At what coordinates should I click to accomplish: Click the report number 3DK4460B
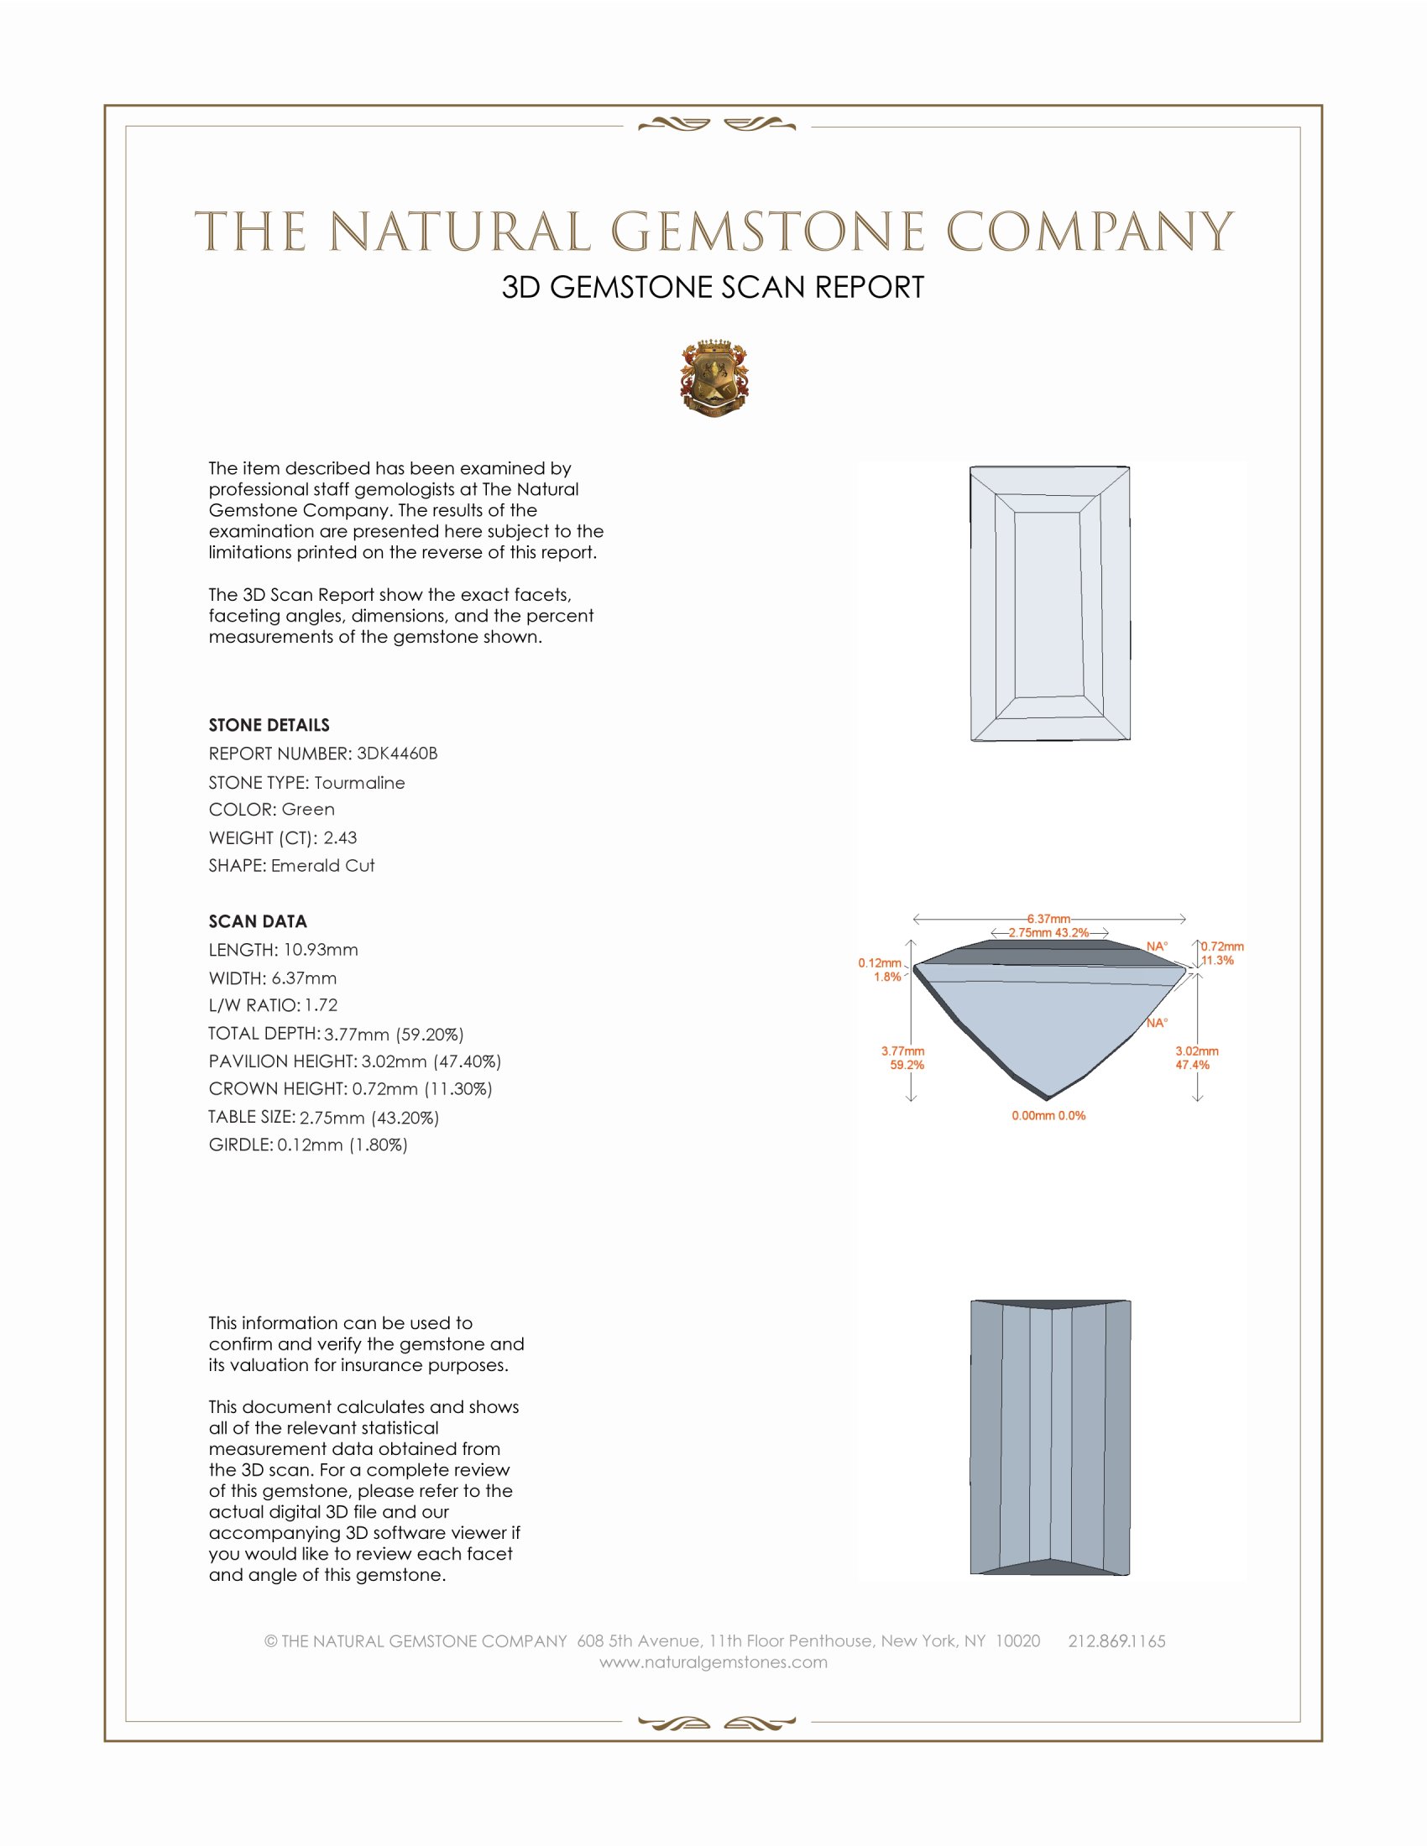tap(396, 754)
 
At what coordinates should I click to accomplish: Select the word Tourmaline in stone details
tap(359, 783)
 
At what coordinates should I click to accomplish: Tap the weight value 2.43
tap(340, 837)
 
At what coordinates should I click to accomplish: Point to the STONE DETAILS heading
tap(269, 725)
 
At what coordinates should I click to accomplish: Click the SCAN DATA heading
tap(258, 921)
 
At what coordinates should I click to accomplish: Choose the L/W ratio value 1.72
tap(321, 1005)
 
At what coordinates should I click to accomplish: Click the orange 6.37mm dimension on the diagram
tap(1048, 919)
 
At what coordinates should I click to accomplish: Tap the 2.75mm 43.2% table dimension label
tap(1048, 933)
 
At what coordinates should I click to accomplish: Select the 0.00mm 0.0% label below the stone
tap(1048, 1116)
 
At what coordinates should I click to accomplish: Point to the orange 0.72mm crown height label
tap(1222, 946)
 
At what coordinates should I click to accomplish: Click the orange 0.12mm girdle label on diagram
tap(879, 962)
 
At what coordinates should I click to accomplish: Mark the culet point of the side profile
tap(1047, 1098)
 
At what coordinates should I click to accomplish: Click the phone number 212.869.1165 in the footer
tap(1116, 1641)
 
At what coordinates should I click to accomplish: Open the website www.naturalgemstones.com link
tap(713, 1662)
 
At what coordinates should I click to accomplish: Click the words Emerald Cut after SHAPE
tap(322, 866)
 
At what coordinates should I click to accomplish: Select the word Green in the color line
tap(308, 810)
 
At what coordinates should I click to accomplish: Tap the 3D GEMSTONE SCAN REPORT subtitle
tap(713, 287)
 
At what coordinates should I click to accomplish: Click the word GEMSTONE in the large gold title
tap(767, 232)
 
